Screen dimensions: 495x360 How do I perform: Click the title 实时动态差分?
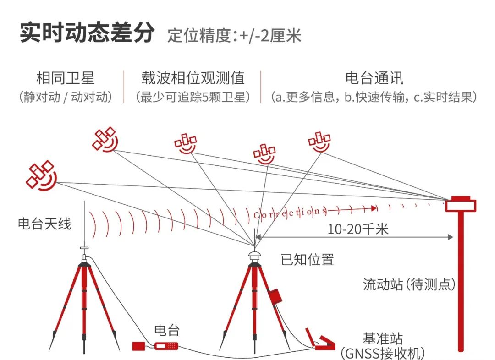(x=88, y=33)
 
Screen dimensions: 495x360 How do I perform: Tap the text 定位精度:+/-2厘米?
(x=234, y=35)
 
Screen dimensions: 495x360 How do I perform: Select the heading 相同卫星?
(x=66, y=78)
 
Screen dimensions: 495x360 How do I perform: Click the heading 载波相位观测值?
(x=192, y=78)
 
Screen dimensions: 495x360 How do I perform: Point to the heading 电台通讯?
(x=374, y=78)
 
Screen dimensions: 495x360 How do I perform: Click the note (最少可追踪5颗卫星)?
(x=193, y=97)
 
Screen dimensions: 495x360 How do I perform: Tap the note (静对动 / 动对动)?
(x=66, y=97)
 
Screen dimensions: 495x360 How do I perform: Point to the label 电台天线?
(x=44, y=224)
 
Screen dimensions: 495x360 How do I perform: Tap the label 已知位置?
(x=307, y=260)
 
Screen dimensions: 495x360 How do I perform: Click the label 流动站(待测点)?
(x=409, y=284)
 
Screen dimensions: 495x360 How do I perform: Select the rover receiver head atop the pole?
(x=461, y=204)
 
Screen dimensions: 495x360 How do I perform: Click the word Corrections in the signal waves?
(x=290, y=212)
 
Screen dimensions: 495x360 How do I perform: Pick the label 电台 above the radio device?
(x=166, y=330)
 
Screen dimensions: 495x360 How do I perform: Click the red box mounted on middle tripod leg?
(x=275, y=296)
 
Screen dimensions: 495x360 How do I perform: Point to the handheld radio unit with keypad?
(x=166, y=346)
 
